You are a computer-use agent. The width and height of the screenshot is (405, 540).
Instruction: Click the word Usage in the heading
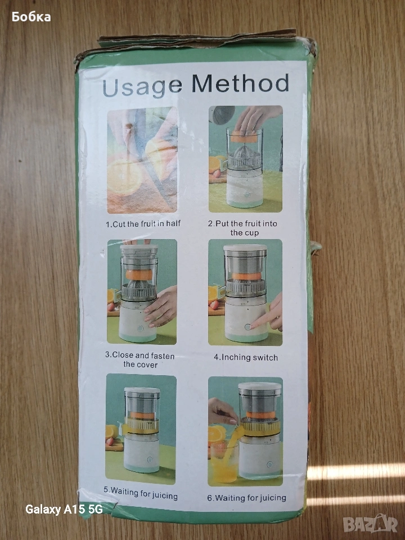click(142, 86)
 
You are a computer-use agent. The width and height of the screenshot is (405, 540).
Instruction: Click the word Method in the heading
click(240, 83)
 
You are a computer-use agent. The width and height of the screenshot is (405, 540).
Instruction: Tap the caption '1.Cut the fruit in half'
click(143, 224)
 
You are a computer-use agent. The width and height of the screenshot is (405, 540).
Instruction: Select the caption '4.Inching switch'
click(246, 358)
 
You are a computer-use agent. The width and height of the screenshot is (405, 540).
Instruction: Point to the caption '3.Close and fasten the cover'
click(140, 360)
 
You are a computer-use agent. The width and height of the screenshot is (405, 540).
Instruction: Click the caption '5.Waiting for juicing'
click(141, 493)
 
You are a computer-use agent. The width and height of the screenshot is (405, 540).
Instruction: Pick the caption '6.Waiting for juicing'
click(246, 498)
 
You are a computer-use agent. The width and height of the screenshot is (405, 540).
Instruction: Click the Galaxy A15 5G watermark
click(64, 510)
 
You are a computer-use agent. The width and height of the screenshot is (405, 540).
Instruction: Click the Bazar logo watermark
click(370, 524)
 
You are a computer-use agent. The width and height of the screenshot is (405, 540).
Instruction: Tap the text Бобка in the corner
click(31, 16)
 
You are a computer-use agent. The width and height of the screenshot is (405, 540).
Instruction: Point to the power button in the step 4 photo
click(247, 326)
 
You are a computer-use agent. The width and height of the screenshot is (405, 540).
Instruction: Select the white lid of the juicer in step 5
click(142, 390)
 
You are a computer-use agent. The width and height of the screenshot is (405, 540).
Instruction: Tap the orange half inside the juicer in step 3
click(139, 274)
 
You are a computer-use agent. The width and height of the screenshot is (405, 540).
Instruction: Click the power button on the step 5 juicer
click(150, 460)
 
